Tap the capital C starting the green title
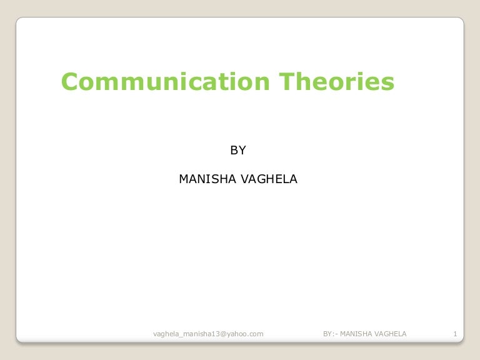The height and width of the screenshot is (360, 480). (69, 82)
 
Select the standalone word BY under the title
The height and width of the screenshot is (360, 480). (238, 150)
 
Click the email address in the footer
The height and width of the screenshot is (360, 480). (208, 334)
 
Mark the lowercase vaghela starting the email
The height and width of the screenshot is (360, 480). (167, 334)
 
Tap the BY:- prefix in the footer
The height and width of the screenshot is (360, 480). (330, 334)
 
